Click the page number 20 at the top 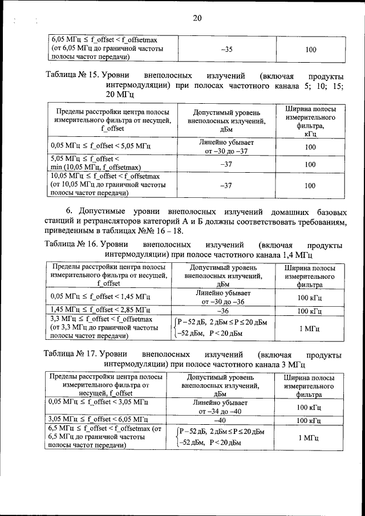(197, 18)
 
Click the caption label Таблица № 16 (72, 244)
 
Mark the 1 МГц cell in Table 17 (309, 437)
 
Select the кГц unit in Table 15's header (310, 134)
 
